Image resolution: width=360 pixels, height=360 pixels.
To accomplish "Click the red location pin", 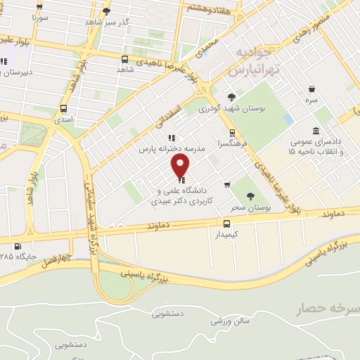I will (x=181, y=166).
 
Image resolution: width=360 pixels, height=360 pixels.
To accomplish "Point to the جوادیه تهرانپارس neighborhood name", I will (x=253, y=63).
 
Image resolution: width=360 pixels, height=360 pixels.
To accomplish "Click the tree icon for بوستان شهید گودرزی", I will (x=231, y=98).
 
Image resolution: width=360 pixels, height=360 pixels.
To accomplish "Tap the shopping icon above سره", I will (x=311, y=89).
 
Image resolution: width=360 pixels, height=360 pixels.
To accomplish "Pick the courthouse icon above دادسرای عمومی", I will (x=316, y=131).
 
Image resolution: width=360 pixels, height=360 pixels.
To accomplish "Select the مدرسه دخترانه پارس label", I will (x=171, y=149).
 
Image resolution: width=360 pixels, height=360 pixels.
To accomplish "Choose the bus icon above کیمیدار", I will (x=226, y=222).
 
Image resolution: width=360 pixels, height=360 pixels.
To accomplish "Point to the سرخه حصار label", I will (x=331, y=308).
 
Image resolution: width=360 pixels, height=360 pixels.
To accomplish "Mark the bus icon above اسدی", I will (x=64, y=109).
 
